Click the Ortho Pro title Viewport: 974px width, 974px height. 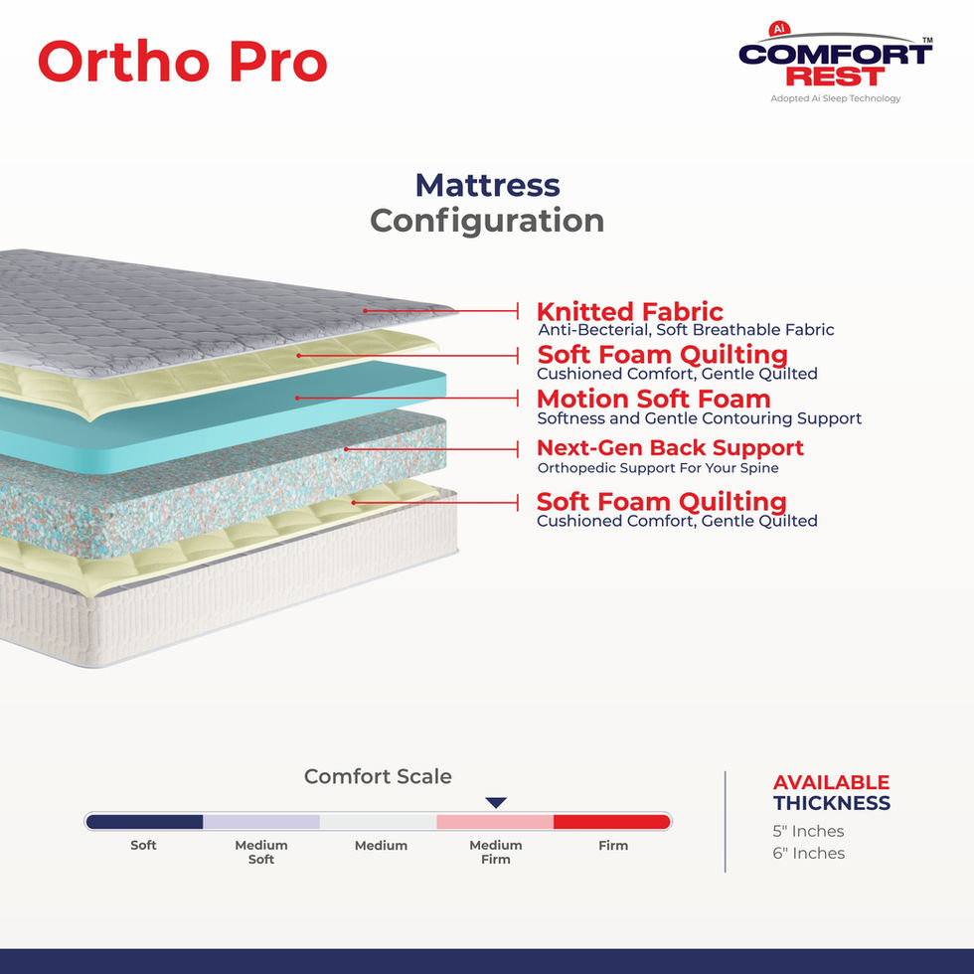[182, 62]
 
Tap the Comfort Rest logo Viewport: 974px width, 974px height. [835, 64]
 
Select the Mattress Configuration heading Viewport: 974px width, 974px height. [487, 203]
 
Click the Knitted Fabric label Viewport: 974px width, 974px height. [629, 312]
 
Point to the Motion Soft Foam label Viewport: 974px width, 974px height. [653, 399]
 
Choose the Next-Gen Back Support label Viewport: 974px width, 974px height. [670, 447]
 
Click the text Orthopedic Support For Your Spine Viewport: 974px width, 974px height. [657, 468]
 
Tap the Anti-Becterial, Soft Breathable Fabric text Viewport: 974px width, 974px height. [686, 330]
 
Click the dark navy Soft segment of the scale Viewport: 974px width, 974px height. [145, 822]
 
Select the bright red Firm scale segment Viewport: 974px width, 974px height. [611, 822]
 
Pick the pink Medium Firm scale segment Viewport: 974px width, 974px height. [494, 822]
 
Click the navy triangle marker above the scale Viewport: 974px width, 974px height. [496, 802]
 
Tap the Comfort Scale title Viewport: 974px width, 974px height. [378, 776]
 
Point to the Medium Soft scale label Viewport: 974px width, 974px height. [261, 852]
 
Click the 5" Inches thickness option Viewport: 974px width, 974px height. [808, 831]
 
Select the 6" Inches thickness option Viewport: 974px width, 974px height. [808, 853]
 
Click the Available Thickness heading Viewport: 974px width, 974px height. [831, 792]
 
